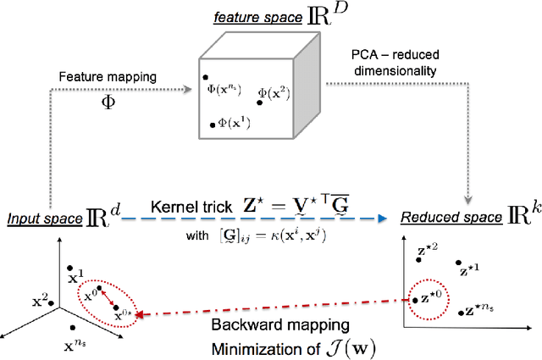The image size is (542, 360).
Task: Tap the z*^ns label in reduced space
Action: point(480,310)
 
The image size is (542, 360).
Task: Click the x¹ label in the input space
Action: point(76,277)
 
